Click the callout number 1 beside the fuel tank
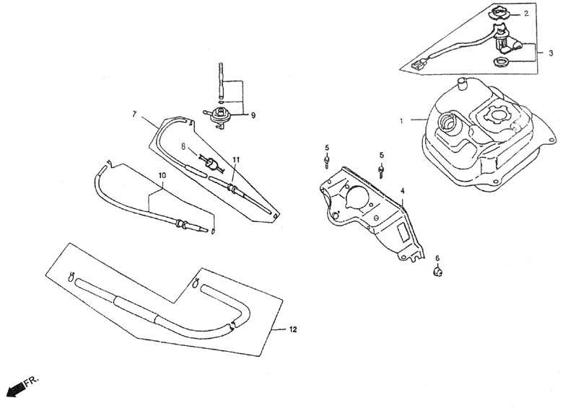click(401, 121)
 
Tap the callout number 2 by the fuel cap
click(526, 14)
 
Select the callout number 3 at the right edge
click(551, 53)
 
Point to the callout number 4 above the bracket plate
click(403, 191)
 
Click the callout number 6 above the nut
click(437, 258)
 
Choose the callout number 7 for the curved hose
click(135, 114)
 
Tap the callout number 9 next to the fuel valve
click(253, 115)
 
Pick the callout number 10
click(162, 175)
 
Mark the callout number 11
click(235, 159)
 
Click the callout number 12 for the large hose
click(293, 329)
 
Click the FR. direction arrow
click(15, 389)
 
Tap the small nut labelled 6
click(437, 272)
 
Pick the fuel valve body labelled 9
click(219, 117)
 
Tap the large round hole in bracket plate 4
click(357, 198)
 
